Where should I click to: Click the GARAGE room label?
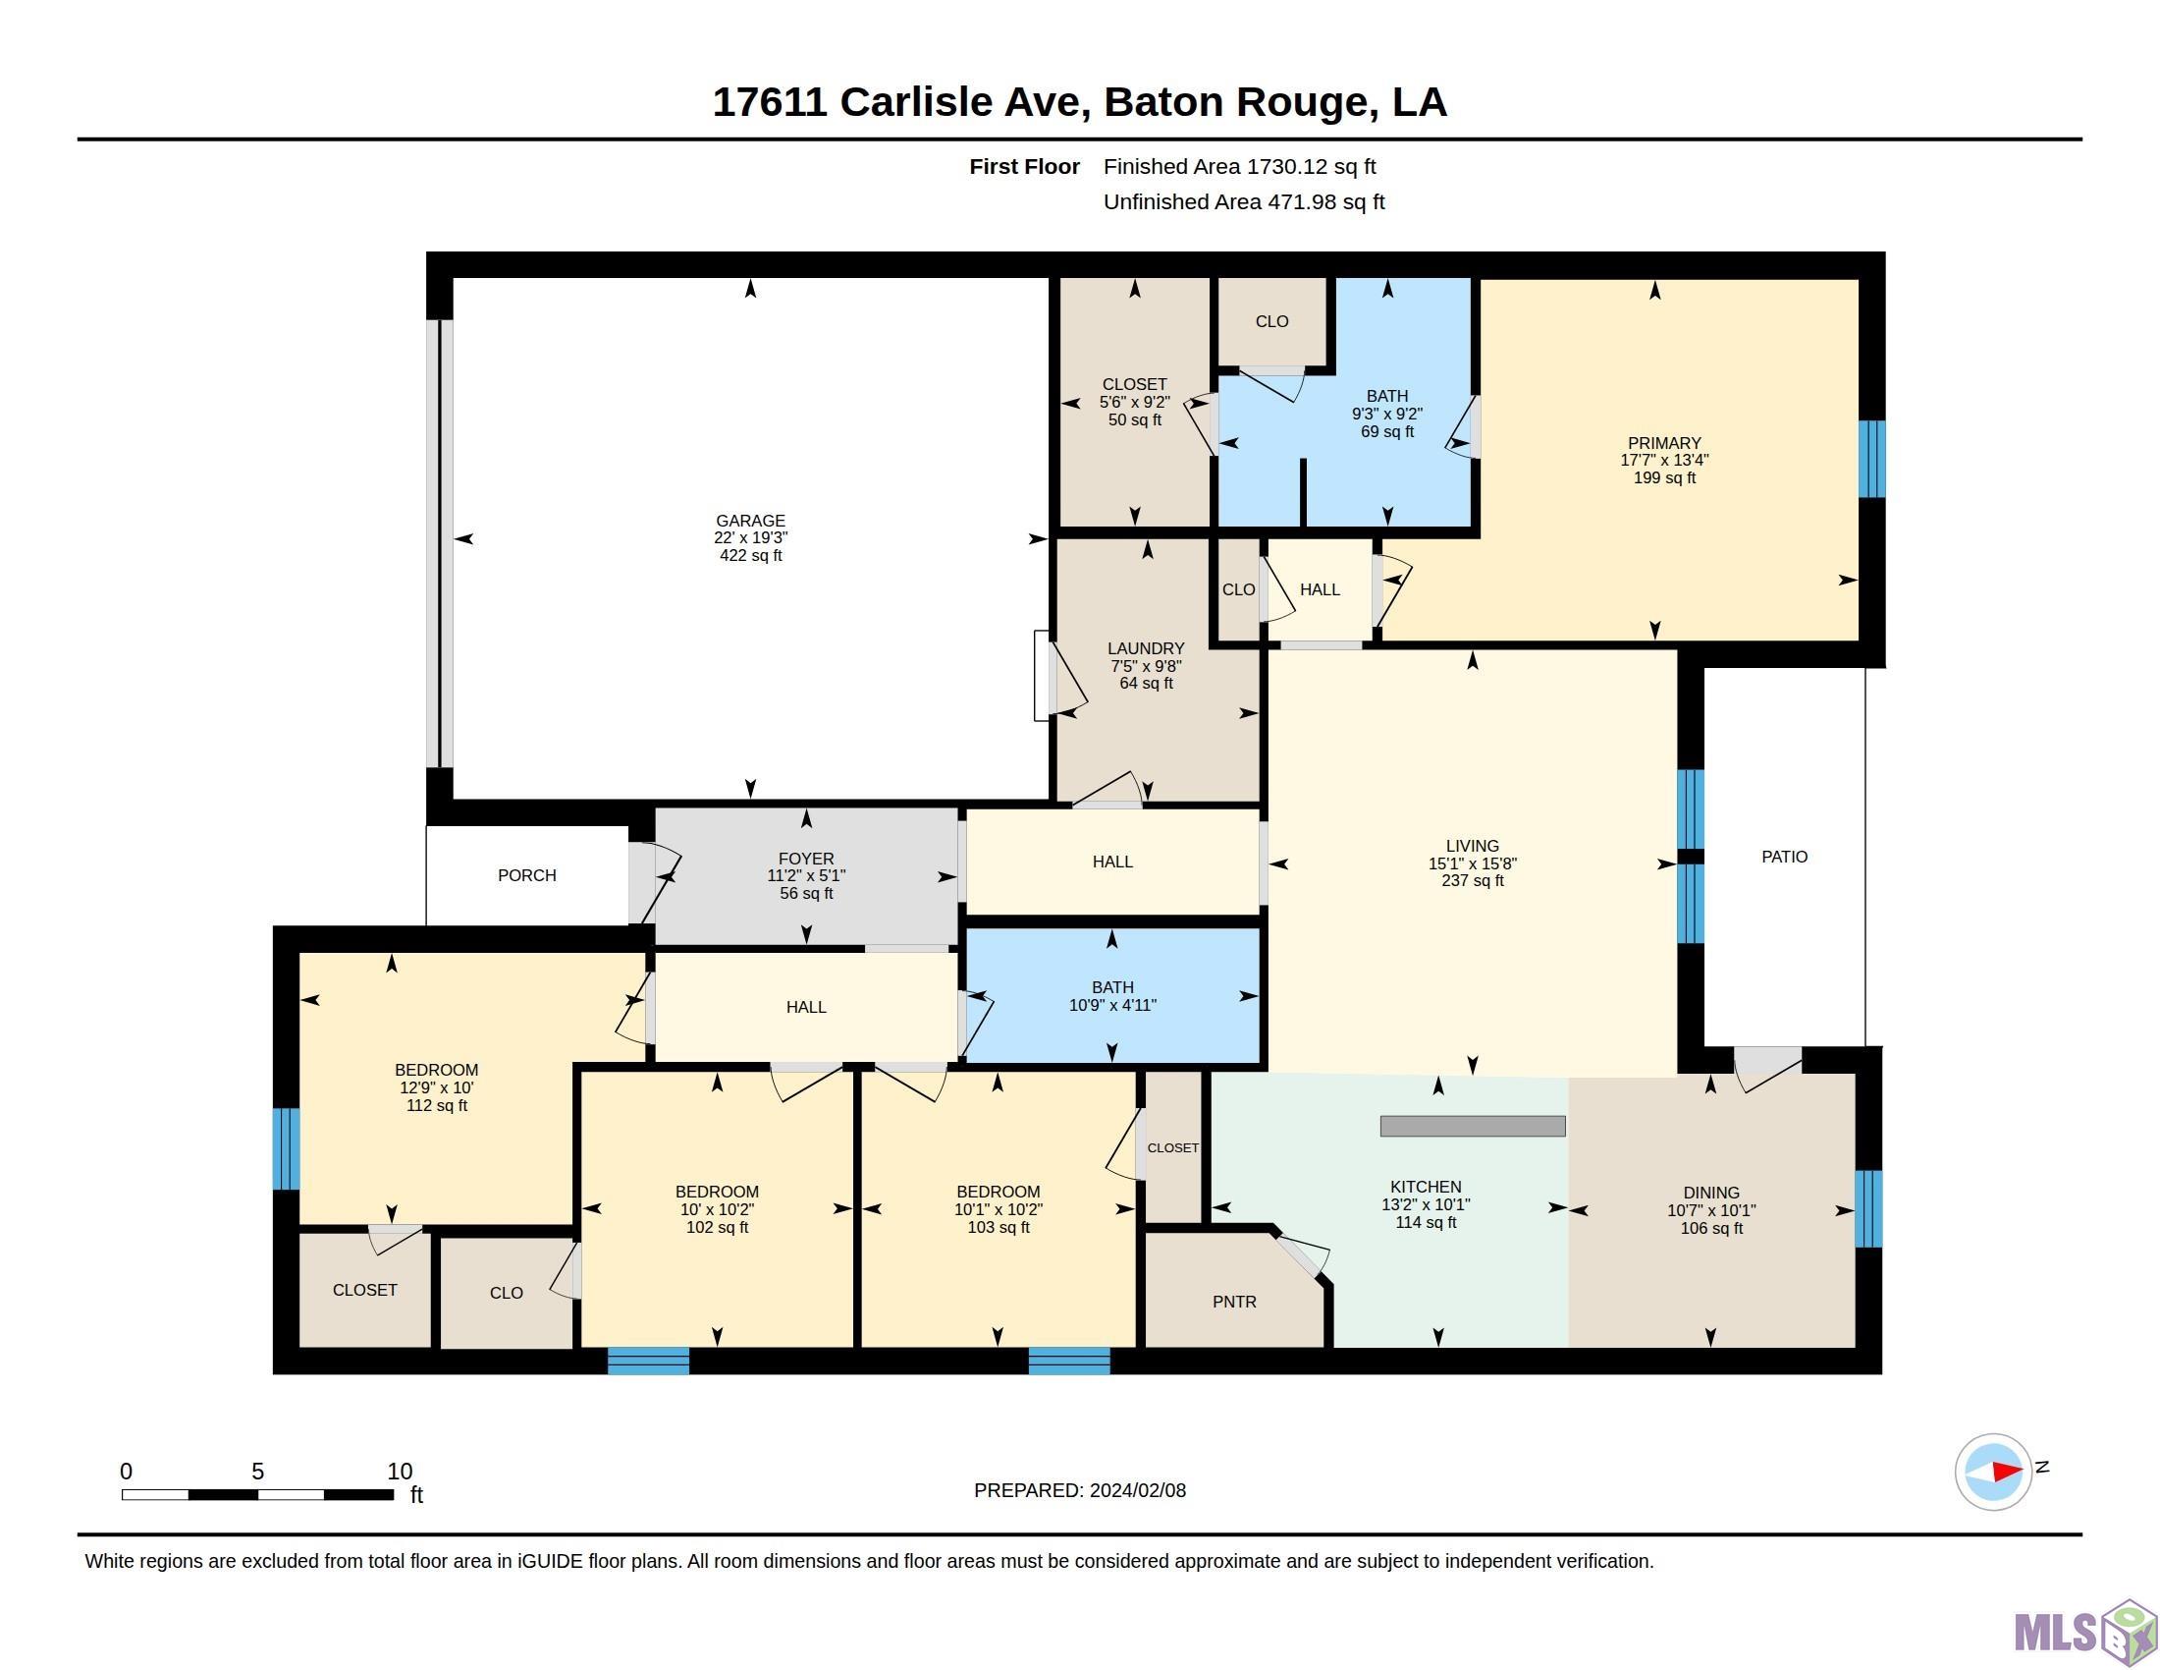[751, 521]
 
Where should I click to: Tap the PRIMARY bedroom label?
[1664, 443]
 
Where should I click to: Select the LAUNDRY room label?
[1145, 649]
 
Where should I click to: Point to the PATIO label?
[1784, 857]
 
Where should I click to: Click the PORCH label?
[526, 875]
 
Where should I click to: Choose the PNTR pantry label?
[1234, 1302]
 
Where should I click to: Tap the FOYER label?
[806, 859]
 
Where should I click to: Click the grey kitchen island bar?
[1473, 1126]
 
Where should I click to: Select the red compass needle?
[2007, 1472]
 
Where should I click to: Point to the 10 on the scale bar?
[400, 1472]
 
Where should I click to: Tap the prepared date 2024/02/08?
[1137, 1490]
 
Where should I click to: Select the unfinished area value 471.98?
[1303, 201]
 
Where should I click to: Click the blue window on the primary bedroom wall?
[1872, 459]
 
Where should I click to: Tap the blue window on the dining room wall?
[1868, 1209]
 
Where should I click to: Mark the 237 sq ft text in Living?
[1473, 880]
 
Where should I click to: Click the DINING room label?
[1711, 1194]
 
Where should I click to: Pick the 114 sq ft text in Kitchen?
[1426, 1223]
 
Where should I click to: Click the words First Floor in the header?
[1024, 166]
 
